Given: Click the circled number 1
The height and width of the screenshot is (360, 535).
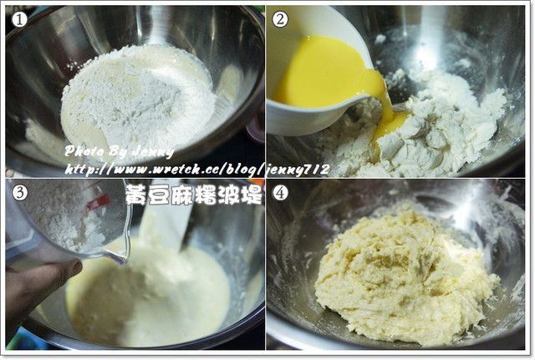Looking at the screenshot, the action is click(x=19, y=20).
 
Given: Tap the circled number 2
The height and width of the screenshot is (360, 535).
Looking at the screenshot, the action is click(x=280, y=20).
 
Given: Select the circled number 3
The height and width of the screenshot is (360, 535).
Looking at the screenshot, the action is click(x=19, y=193).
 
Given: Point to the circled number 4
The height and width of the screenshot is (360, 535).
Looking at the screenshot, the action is click(x=280, y=193).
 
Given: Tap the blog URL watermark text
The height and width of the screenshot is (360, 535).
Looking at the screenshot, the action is click(x=197, y=170).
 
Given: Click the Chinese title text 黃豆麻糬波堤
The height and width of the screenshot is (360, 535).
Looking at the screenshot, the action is click(x=194, y=195).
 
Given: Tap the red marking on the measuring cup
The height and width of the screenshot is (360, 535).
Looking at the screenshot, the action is click(x=98, y=202).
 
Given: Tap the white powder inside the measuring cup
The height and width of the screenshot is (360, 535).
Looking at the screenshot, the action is click(x=69, y=218).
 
